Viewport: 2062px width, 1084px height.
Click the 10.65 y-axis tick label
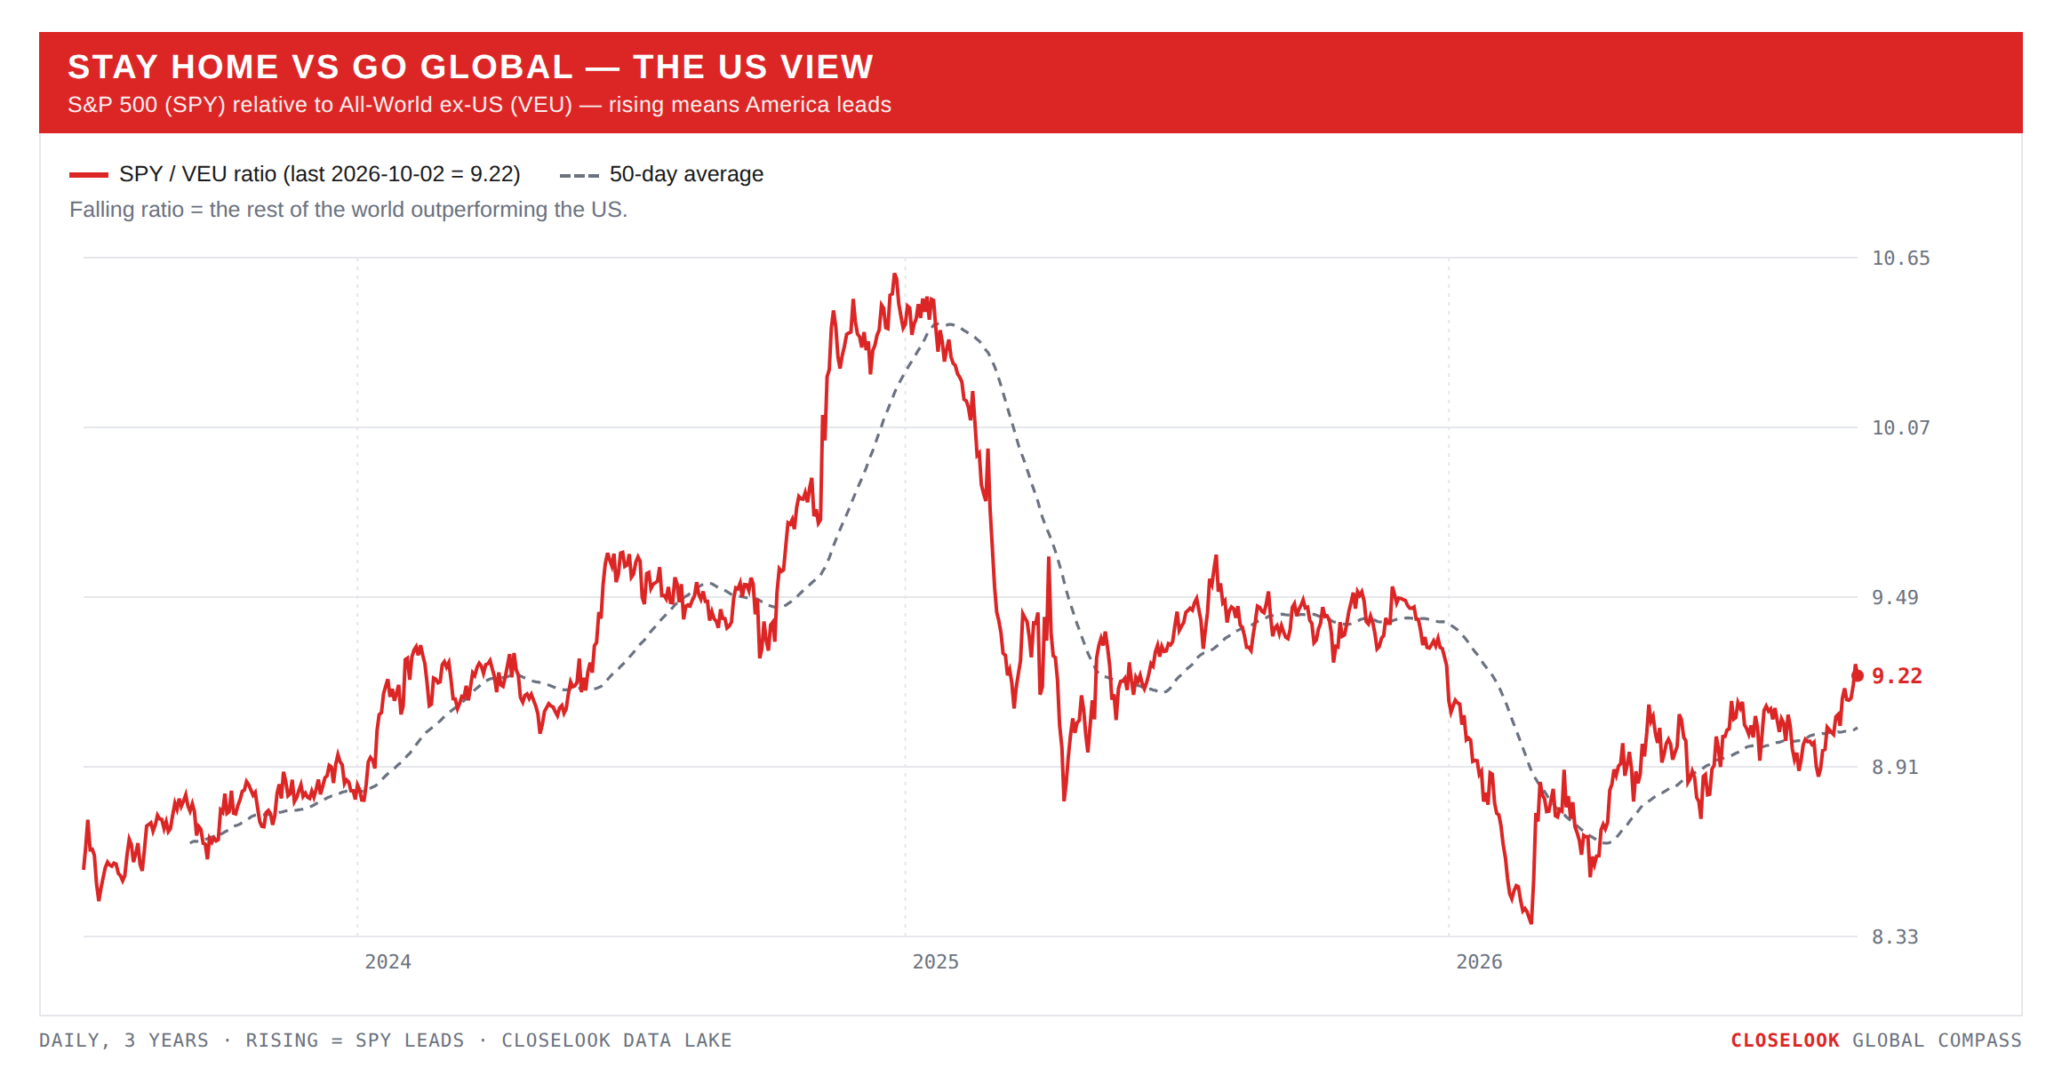[1900, 259]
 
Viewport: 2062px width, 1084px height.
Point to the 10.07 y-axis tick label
[1900, 428]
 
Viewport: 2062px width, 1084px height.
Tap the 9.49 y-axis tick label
[1895, 598]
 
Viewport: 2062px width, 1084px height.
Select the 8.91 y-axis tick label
[1895, 768]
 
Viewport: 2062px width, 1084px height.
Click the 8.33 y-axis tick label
[1895, 937]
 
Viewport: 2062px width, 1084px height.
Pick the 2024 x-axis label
[388, 962]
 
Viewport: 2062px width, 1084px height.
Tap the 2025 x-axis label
[935, 962]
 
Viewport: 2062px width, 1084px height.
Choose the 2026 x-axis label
[1479, 962]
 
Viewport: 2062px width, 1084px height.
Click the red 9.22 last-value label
[1897, 676]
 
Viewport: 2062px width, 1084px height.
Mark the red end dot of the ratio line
[1857, 676]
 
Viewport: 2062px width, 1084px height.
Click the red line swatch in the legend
[89, 175]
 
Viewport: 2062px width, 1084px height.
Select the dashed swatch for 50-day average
[579, 175]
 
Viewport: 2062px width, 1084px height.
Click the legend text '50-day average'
[686, 174]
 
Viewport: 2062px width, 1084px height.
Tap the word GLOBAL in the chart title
[496, 67]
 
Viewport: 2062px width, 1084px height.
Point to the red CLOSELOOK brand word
[1785, 1040]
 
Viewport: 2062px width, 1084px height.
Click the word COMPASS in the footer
[1979, 1040]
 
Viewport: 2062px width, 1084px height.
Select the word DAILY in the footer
[70, 1040]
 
